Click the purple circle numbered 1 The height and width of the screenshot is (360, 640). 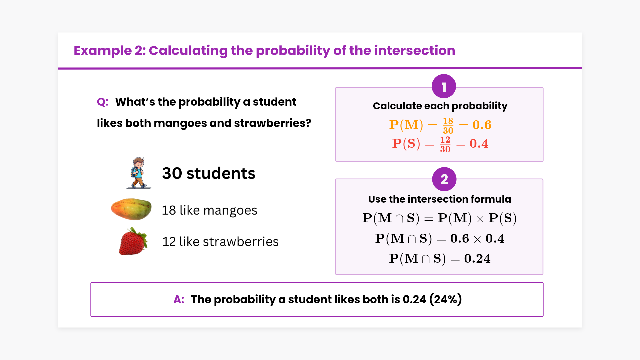(x=444, y=86)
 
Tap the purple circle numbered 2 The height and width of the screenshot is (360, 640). (x=444, y=179)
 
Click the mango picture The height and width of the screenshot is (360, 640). (x=131, y=209)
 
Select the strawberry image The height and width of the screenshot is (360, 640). (x=133, y=241)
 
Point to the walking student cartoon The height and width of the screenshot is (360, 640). (x=139, y=173)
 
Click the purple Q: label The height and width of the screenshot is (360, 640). (x=103, y=102)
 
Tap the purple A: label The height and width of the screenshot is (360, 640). (x=179, y=299)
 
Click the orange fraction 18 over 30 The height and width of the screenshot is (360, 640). (x=448, y=125)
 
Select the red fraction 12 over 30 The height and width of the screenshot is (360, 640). (x=445, y=144)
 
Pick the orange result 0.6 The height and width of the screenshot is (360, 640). (x=482, y=125)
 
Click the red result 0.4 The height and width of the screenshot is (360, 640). (x=479, y=144)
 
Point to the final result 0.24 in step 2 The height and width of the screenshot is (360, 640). (x=477, y=259)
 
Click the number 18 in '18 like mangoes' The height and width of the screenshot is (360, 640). (x=169, y=210)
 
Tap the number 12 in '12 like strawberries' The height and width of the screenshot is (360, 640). (x=169, y=242)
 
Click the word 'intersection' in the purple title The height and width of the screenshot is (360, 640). (x=415, y=51)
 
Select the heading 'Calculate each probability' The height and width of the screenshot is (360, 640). (x=440, y=106)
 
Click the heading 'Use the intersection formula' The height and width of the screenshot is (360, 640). (x=440, y=199)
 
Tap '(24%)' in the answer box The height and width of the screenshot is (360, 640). (x=446, y=299)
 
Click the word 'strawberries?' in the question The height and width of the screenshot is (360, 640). (x=273, y=123)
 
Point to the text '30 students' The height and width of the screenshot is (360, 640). (x=209, y=173)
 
